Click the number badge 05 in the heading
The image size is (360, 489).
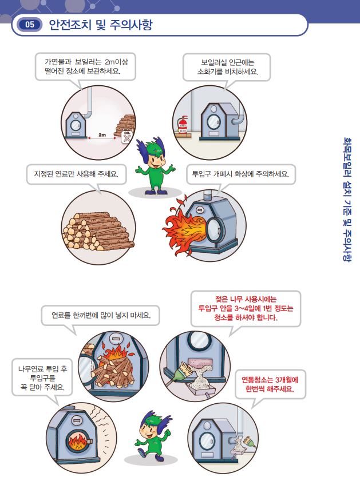(x=30, y=25)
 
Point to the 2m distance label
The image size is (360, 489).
(x=102, y=136)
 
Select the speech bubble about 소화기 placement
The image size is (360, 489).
(x=227, y=67)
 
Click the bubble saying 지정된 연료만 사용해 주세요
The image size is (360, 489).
(x=76, y=174)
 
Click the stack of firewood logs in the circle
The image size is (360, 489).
(x=97, y=229)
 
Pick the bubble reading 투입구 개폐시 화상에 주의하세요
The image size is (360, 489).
(x=242, y=174)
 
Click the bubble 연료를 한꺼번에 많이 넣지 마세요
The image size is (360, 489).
(x=101, y=315)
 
